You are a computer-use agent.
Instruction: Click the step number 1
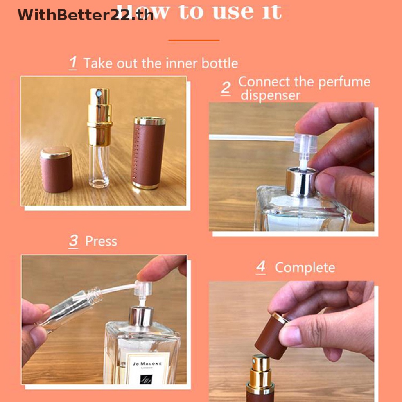73,63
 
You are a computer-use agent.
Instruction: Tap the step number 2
225,88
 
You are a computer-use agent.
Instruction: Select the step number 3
73,241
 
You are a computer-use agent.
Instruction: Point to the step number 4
261,267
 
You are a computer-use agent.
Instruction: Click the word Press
101,241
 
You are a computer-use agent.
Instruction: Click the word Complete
305,267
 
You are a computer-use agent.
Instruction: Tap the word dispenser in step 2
270,95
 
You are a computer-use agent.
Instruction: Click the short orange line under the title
194,40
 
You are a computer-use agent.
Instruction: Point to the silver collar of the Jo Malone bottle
141,316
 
